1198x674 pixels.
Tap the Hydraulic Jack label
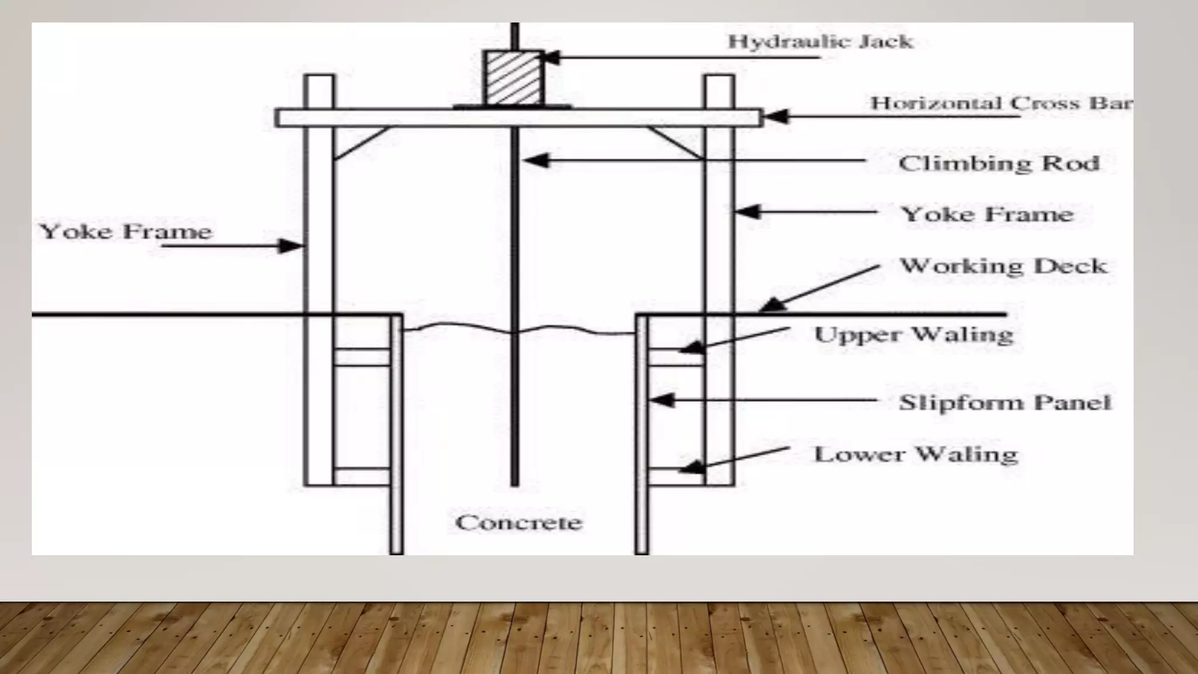pyautogui.click(x=820, y=42)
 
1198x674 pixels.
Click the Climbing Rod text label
pyautogui.click(x=999, y=163)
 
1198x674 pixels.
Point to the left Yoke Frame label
pyautogui.click(x=125, y=232)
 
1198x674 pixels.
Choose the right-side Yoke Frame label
pyautogui.click(x=987, y=214)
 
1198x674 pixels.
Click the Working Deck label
pyautogui.click(x=1003, y=266)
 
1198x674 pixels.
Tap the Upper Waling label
pyautogui.click(x=913, y=335)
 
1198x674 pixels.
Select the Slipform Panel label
pyautogui.click(x=1004, y=403)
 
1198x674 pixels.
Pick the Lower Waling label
pyautogui.click(x=915, y=454)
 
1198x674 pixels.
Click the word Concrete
pyautogui.click(x=518, y=522)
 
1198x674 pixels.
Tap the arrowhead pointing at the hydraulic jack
pyautogui.click(x=551, y=57)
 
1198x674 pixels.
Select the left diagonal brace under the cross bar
pyautogui.click(x=361, y=143)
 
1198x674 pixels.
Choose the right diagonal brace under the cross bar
pyautogui.click(x=674, y=142)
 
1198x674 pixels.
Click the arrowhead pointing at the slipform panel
pyautogui.click(x=662, y=400)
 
